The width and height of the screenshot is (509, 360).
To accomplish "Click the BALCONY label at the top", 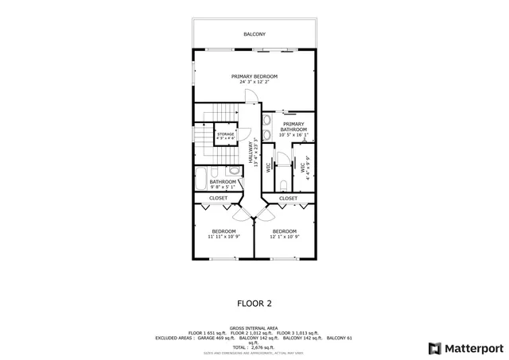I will click(254, 34).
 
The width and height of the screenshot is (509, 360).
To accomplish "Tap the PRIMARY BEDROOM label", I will click(254, 76).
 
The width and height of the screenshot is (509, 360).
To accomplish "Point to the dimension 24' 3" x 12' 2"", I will click(254, 82).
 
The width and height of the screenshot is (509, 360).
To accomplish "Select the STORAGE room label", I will click(226, 134).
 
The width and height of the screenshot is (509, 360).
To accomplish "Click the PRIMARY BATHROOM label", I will click(293, 126).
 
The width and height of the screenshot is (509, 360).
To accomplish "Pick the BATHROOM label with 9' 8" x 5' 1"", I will click(212, 182).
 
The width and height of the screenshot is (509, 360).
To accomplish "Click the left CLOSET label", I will click(218, 198).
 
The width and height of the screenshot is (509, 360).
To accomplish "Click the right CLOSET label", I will click(288, 198).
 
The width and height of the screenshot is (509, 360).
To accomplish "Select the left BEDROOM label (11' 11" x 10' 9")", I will click(223, 231).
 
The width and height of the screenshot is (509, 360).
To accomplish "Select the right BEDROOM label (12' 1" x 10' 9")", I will click(286, 231).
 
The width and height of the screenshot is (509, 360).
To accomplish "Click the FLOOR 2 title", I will click(254, 303).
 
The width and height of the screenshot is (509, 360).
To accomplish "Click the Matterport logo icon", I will click(433, 347).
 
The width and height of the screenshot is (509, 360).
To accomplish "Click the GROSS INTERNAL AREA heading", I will click(254, 327).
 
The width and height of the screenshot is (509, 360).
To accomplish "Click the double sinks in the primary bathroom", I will click(267, 128).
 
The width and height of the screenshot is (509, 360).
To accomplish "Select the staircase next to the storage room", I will click(204, 135).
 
